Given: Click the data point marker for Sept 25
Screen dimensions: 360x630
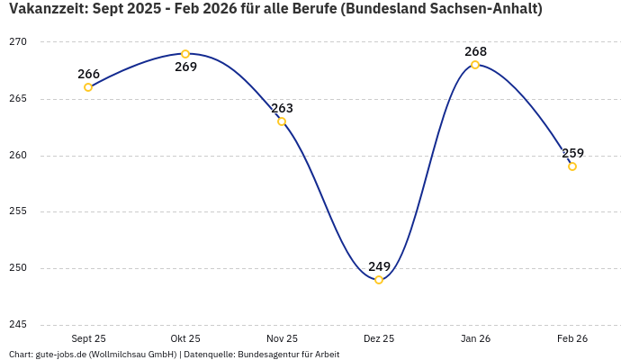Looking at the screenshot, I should (88, 87).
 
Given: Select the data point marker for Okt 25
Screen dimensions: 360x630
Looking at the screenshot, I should (185, 54).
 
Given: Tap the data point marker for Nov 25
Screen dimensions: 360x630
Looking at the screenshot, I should (282, 121).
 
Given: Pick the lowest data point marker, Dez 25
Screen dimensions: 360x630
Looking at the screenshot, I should (379, 280).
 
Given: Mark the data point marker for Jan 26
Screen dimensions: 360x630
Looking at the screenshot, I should (475, 65).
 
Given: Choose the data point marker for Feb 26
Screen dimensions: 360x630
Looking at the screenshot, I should (572, 166).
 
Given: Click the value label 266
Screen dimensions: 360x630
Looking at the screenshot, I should (89, 75).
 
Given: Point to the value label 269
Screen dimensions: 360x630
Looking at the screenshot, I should (185, 67).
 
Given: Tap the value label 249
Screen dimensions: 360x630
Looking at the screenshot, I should (379, 266).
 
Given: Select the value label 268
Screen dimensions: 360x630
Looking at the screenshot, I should (475, 51).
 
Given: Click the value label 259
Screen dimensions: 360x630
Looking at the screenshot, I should (572, 153).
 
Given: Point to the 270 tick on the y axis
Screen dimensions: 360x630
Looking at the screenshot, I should (18, 42).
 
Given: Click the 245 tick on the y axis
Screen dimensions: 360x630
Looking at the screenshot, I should (18, 325).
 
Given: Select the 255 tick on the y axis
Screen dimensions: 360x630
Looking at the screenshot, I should (18, 211).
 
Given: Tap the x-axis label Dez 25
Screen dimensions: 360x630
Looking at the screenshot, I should (379, 338).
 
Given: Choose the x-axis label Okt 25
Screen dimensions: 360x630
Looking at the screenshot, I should (185, 338).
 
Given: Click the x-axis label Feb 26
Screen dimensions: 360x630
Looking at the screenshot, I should (572, 338).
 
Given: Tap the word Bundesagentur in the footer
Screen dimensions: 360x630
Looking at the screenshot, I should (269, 355).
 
